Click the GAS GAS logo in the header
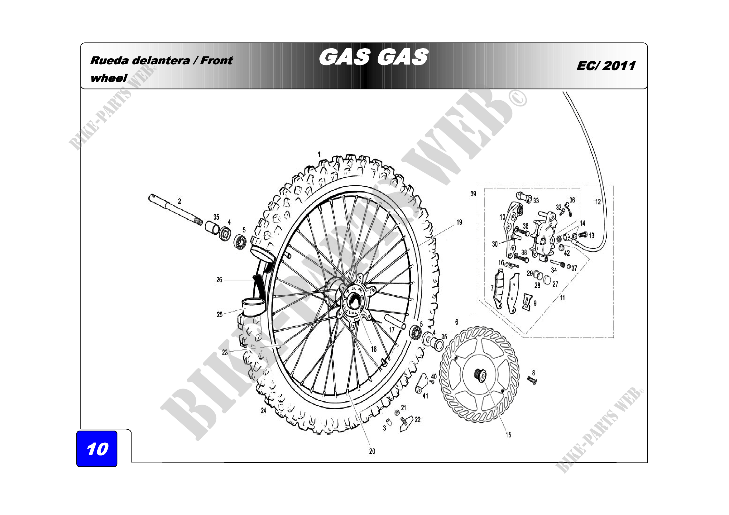point(373,57)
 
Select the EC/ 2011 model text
point(606,66)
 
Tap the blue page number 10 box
point(97,449)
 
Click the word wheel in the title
point(108,78)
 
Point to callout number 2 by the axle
point(180,201)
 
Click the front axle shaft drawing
point(175,210)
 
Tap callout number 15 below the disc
point(508,435)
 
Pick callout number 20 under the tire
point(372,451)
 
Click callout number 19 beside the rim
point(459,222)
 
